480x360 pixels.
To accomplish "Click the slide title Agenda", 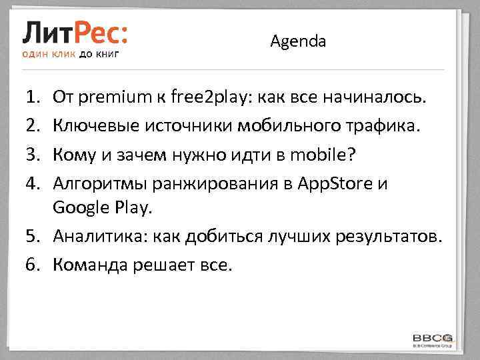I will pyautogui.click(x=298, y=41).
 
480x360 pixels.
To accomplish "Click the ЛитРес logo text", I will pyautogui.click(x=75, y=32).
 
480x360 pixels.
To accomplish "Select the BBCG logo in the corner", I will pyautogui.click(x=433, y=339).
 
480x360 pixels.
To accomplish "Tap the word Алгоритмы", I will pyautogui.click(x=95, y=183).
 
